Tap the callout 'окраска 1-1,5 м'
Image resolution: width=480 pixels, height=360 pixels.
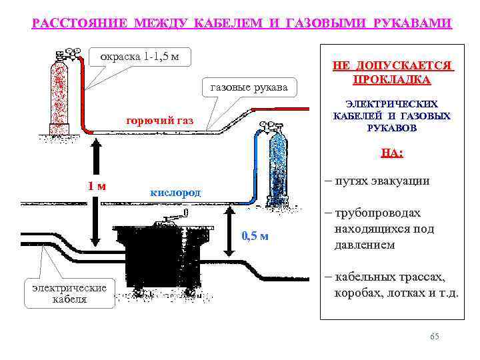point(139,56)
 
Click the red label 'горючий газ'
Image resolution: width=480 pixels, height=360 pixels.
point(159,121)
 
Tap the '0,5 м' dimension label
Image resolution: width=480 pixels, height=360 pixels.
point(254,236)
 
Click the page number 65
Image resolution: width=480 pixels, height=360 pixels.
point(435,337)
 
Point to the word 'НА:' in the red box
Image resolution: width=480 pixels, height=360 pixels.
point(391,153)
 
